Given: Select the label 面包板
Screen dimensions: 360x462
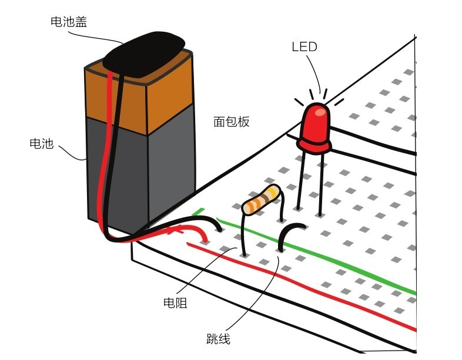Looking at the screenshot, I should click(x=231, y=122).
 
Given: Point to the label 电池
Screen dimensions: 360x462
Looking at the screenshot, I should click(x=41, y=143).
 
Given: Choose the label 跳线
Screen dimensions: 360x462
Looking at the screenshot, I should click(x=218, y=339).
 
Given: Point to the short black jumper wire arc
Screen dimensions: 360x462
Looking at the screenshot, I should click(x=288, y=234).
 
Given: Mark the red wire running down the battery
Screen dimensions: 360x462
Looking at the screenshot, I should click(x=105, y=153).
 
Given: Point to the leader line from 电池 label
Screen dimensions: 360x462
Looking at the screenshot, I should click(x=71, y=154).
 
